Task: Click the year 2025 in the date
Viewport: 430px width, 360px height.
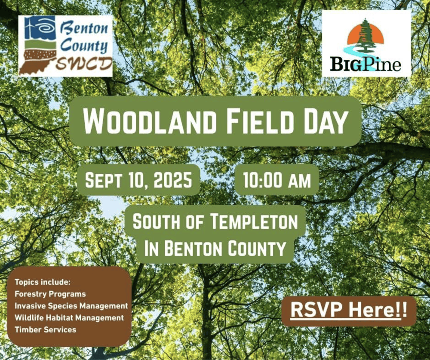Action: [x=173, y=180]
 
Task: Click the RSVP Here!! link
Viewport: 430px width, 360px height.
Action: [x=349, y=311]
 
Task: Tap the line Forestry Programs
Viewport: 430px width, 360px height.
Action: [x=50, y=294]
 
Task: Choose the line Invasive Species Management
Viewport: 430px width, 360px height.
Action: [x=71, y=306]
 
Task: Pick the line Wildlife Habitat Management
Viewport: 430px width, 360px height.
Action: [x=69, y=318]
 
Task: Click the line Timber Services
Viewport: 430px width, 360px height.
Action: [x=45, y=329]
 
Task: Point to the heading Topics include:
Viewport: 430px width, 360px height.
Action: [x=43, y=282]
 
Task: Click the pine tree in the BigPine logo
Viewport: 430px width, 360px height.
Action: [x=365, y=36]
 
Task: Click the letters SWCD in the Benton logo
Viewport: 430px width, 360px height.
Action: [x=84, y=64]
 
